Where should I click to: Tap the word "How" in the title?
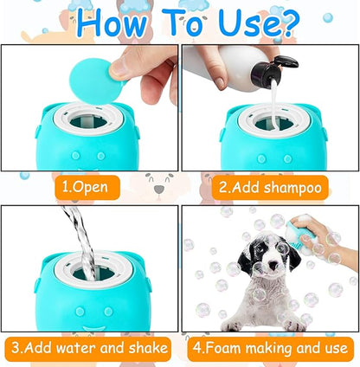point(112,23)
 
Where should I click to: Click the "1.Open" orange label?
point(87,188)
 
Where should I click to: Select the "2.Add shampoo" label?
point(270,188)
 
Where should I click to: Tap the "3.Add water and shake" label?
point(88,349)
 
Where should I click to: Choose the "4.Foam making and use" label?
point(270,349)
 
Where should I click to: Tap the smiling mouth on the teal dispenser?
point(94,328)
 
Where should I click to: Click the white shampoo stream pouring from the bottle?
point(274,104)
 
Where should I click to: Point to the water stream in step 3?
point(80,242)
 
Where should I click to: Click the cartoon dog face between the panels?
point(159,185)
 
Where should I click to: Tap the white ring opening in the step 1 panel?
point(88,118)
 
